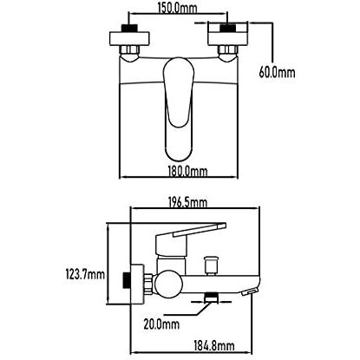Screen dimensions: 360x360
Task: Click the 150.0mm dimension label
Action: [177, 8]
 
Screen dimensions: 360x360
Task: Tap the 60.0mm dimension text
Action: [277, 72]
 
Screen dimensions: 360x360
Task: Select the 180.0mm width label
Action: [187, 172]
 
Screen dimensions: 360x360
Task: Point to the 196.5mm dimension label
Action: [187, 202]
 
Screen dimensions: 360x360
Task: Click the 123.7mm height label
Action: [85, 274]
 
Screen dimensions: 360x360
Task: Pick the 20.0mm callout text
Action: [161, 324]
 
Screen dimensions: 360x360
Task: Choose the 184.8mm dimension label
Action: [214, 346]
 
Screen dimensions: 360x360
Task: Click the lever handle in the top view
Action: [179, 108]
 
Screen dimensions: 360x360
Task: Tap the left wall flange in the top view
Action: [129, 38]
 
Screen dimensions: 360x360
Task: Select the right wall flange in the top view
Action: [228, 38]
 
